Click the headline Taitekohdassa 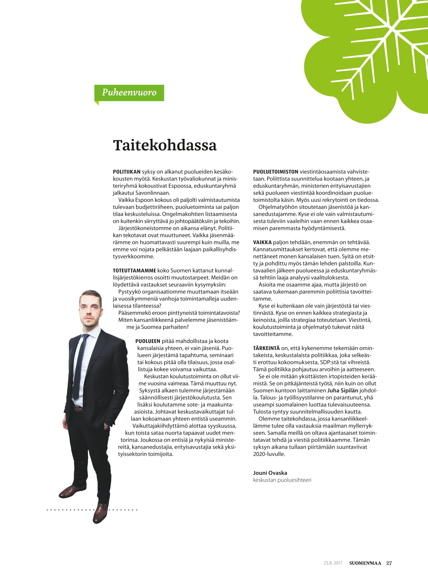[x=165, y=145]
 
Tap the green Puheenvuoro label [x=129, y=93]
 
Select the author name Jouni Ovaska [x=270, y=473]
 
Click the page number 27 [x=389, y=563]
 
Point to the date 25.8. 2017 [x=333, y=563]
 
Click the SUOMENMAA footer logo [x=365, y=563]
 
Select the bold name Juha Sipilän [x=342, y=390]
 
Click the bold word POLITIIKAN [x=127, y=172]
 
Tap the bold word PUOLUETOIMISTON [x=275, y=172]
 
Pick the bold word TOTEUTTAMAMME [x=134, y=271]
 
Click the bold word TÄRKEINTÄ [x=266, y=348]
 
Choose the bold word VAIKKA [x=262, y=242]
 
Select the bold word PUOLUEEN [x=148, y=341]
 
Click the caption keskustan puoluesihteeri [x=282, y=480]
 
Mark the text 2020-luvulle [x=269, y=454]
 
